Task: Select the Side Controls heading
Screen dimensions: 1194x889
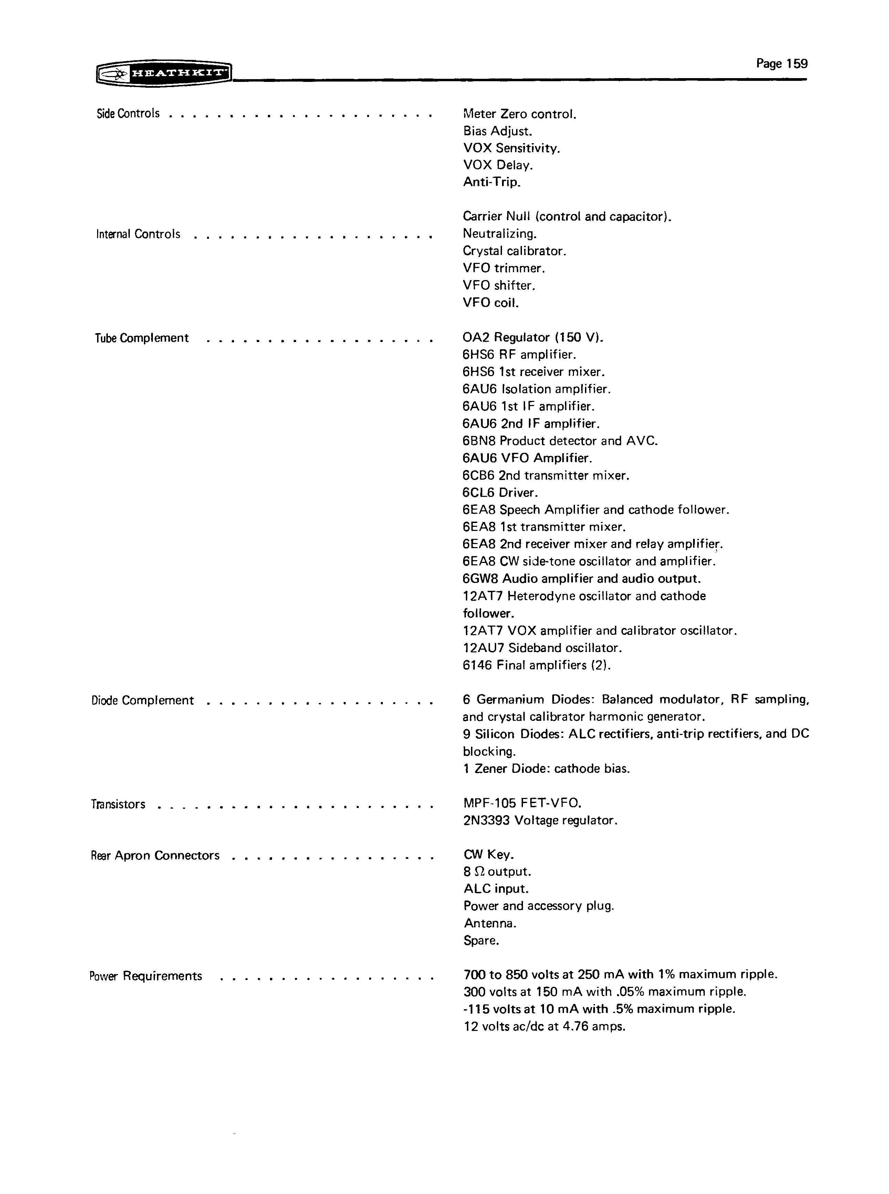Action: (128, 114)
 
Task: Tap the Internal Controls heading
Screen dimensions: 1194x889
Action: (138, 234)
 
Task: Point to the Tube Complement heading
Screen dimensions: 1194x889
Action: (142, 338)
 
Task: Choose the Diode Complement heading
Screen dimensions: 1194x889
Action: (143, 700)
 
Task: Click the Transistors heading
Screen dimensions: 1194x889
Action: (118, 804)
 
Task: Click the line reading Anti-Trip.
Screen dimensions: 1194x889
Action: (492, 182)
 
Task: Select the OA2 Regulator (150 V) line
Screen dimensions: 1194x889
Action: (533, 338)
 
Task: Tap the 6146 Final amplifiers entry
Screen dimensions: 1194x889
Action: (536, 665)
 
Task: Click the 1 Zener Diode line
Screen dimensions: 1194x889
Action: (546, 769)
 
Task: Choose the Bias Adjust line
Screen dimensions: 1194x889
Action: (497, 131)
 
